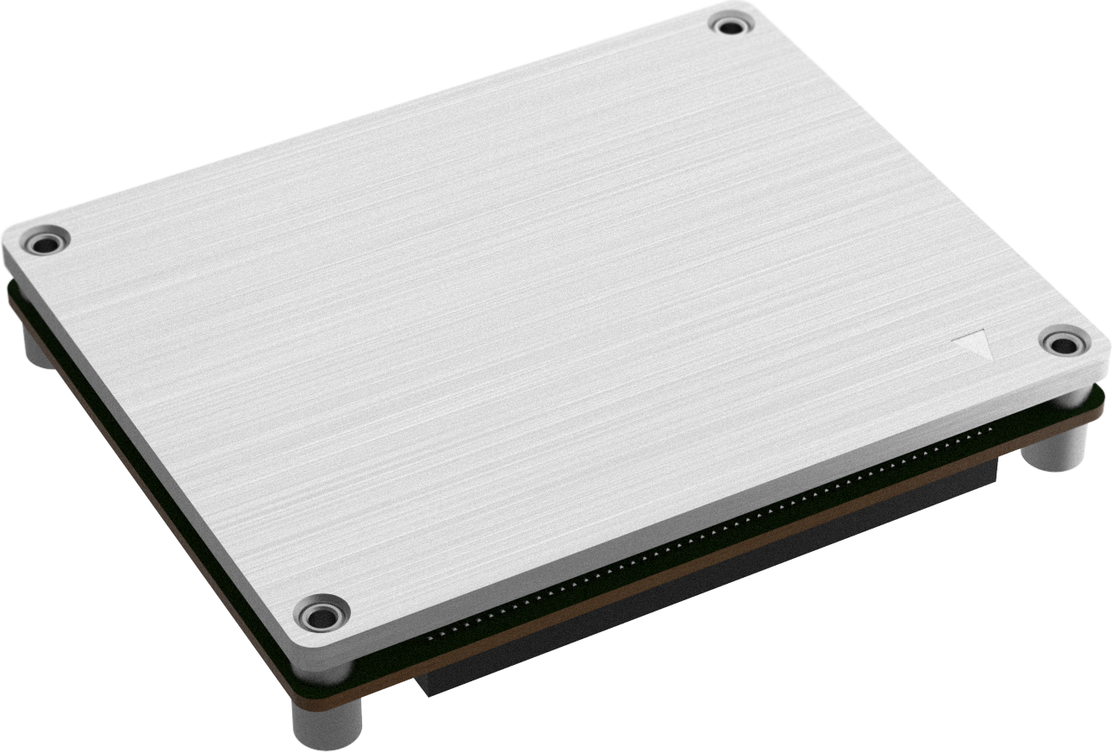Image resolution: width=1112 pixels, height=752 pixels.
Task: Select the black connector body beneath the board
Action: tap(707, 578)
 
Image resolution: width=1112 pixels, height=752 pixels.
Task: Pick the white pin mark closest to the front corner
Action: tap(431, 637)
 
